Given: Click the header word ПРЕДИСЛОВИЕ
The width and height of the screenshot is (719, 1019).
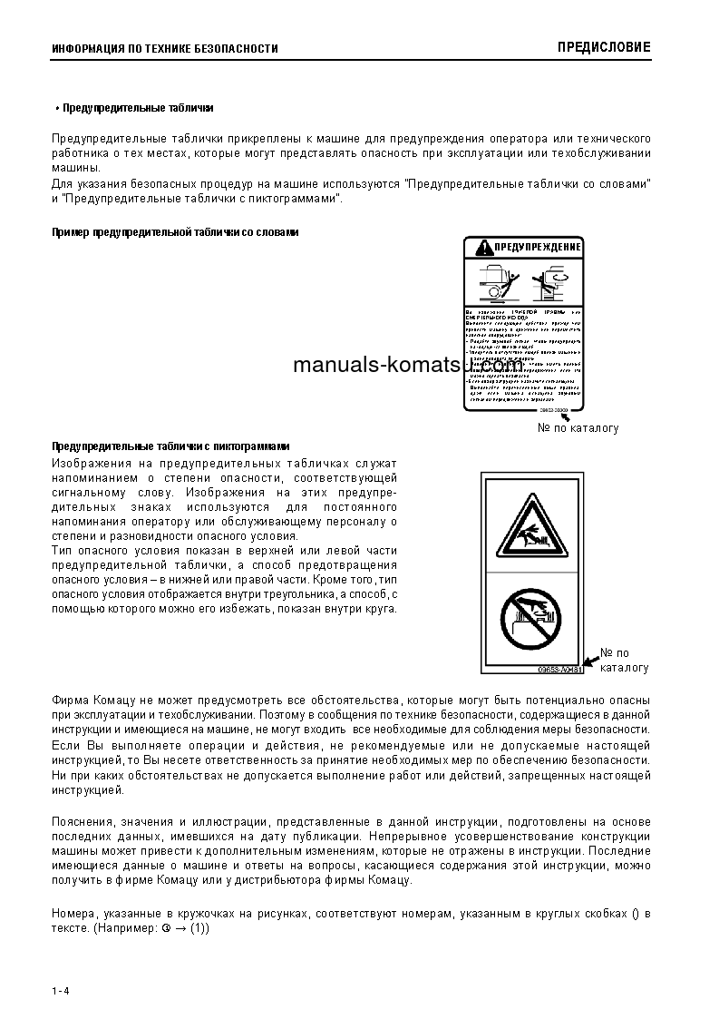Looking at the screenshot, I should [604, 47].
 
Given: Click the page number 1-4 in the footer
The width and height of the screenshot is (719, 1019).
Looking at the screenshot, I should [61, 989].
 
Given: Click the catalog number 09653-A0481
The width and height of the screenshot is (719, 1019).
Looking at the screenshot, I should [559, 670].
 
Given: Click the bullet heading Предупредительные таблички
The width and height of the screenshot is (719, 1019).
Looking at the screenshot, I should [137, 108].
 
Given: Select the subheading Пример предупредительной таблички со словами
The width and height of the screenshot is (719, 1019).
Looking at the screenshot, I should [174, 232].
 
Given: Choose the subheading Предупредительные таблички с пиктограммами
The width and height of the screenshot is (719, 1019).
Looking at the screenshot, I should [170, 446].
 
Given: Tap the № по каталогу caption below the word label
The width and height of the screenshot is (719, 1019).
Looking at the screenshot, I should [578, 428].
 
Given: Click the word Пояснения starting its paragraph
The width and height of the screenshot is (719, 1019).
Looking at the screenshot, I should [84, 821].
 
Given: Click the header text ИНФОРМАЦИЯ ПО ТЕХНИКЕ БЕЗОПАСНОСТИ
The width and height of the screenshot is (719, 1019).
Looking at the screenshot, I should [165, 49].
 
